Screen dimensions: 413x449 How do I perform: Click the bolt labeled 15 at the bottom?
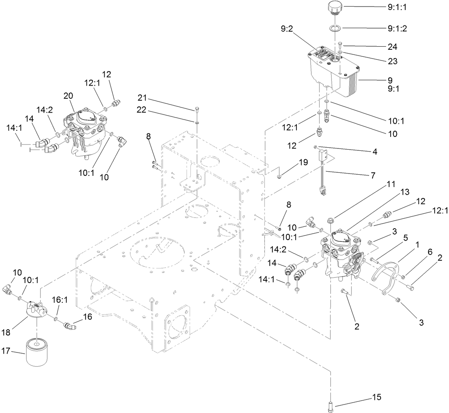[x=331, y=406]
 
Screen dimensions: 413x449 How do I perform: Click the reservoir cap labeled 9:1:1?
[x=335, y=8]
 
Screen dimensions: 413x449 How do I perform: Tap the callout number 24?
[x=392, y=47]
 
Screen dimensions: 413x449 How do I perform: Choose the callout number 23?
[x=392, y=61]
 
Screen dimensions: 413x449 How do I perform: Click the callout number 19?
[x=303, y=162]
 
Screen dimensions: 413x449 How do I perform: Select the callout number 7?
[x=373, y=175]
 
